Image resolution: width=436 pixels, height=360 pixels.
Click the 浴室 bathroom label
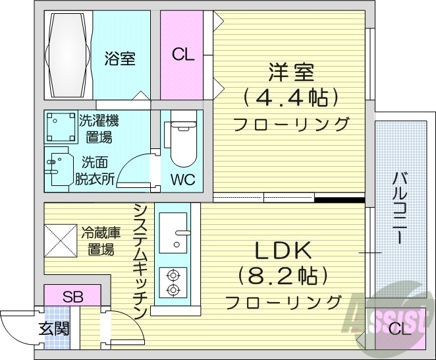coord(120,58)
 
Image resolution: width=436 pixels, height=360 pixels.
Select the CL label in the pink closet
coord(184,55)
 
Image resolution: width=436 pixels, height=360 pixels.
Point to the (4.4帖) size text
coord(290,98)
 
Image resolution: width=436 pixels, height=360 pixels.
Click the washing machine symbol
coord(60,127)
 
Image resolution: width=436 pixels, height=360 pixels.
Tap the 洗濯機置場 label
coord(99,129)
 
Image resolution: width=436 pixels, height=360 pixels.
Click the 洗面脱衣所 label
coord(98,169)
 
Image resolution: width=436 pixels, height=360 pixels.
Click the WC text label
coord(182,180)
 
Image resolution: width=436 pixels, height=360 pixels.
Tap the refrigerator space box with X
coord(61,240)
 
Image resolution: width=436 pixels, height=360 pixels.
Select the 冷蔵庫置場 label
coord(101,241)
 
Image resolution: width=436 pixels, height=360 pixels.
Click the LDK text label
coord(282,250)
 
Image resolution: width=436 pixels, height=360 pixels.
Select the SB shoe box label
coord(72,295)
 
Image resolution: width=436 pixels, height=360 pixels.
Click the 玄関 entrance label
coord(53,328)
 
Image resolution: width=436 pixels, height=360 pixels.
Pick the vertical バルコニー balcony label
coord(400,207)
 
